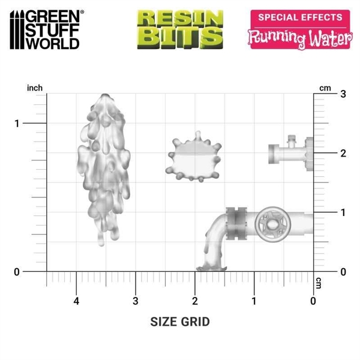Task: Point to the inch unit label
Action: click(35, 88)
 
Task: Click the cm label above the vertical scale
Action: click(325, 88)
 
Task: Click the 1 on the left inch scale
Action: click(17, 124)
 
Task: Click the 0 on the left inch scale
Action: click(17, 272)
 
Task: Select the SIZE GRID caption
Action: click(180, 322)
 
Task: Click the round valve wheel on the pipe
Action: click(271, 224)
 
